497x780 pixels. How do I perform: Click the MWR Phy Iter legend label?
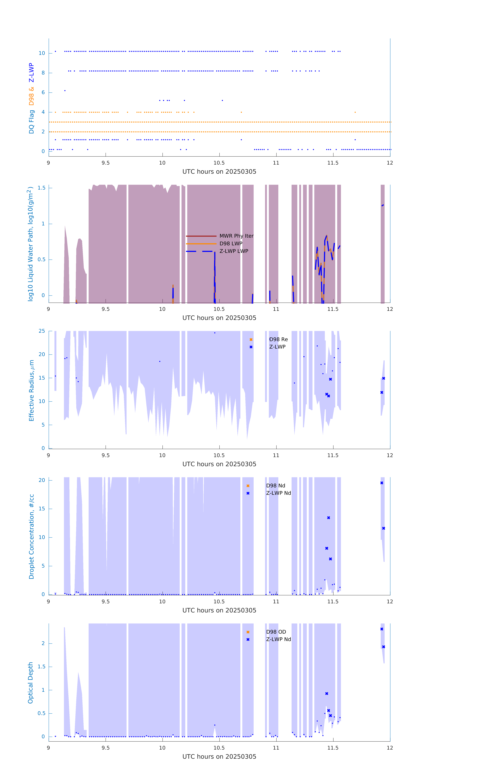(x=236, y=236)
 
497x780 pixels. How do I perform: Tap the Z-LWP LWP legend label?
(x=234, y=251)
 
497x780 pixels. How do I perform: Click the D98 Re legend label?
(x=278, y=339)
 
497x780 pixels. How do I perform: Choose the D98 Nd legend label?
(x=276, y=486)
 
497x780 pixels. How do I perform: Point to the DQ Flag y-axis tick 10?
(x=42, y=53)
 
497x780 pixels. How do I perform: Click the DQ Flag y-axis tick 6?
(x=43, y=92)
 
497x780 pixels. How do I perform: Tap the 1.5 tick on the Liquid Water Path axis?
(x=41, y=188)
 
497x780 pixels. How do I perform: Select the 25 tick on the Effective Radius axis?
(x=42, y=331)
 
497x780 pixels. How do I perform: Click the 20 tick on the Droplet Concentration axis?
(x=42, y=480)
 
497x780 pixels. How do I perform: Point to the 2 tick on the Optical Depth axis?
(x=43, y=643)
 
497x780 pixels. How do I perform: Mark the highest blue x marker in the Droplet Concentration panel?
(x=382, y=483)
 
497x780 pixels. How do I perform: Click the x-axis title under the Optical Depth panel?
(x=219, y=757)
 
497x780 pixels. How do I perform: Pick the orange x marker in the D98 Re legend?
(x=251, y=339)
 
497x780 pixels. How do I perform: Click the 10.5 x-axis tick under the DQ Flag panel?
(x=219, y=163)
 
